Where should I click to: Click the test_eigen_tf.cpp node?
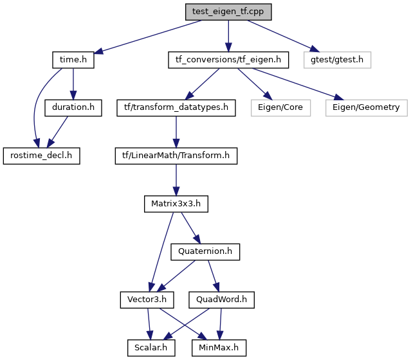pyautogui.click(x=228, y=12)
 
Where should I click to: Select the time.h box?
pyautogui.click(x=73, y=60)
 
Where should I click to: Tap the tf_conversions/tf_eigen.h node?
pyautogui.click(x=228, y=60)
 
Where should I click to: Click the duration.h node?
pyautogui.click(x=73, y=108)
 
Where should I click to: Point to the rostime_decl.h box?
pyautogui.click(x=41, y=156)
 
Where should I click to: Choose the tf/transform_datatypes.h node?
pyautogui.click(x=176, y=108)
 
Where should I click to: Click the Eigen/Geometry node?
pyautogui.click(x=366, y=108)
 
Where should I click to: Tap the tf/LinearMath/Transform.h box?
pyautogui.click(x=176, y=156)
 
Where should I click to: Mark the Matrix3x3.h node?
pyautogui.click(x=176, y=204)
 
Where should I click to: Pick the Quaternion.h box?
pyautogui.click(x=205, y=252)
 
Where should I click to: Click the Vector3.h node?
pyautogui.click(x=147, y=300)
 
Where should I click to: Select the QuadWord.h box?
pyautogui.click(x=221, y=300)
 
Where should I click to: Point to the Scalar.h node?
pyautogui.click(x=151, y=348)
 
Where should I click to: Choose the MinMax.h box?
pyautogui.click(x=219, y=348)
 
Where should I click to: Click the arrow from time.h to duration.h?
pyautogui.click(x=73, y=84)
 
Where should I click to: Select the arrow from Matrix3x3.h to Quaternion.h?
pyautogui.click(x=190, y=228)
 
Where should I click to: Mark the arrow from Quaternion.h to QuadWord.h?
pyautogui.click(x=213, y=276)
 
